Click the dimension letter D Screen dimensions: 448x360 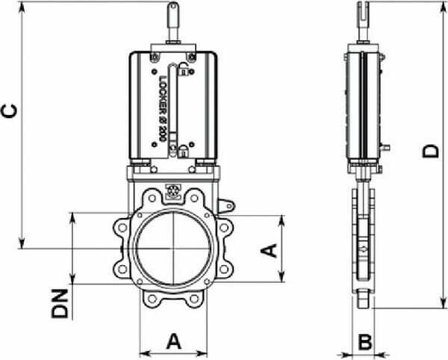pos(431,151)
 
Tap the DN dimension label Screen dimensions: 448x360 pos(60,304)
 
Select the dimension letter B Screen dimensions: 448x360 pos(365,342)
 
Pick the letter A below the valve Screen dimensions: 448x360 pos(174,341)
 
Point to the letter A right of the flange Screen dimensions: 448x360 pos(269,250)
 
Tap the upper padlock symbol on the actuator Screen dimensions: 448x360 pos(183,69)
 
